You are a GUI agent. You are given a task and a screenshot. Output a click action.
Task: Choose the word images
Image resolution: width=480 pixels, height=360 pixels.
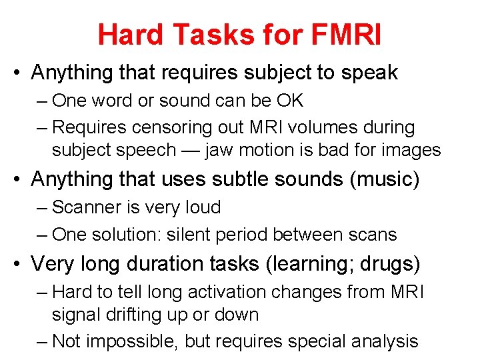click(x=411, y=149)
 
